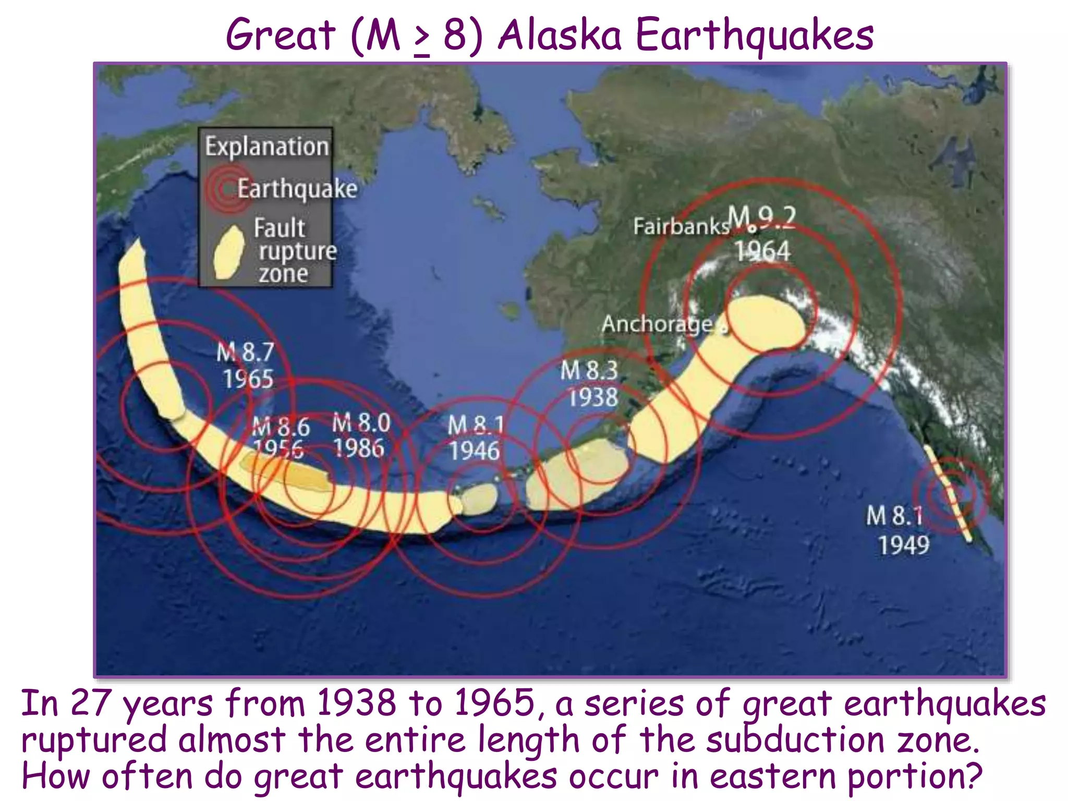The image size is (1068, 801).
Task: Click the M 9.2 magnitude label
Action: (x=762, y=218)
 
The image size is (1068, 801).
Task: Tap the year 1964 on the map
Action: (x=763, y=251)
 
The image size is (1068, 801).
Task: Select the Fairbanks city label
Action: (x=681, y=226)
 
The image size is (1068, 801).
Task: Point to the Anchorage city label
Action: (x=657, y=324)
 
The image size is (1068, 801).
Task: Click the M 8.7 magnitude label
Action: (x=245, y=352)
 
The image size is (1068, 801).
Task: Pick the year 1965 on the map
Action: (x=248, y=379)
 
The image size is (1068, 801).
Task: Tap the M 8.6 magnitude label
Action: (x=281, y=427)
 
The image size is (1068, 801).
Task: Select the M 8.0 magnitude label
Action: (x=361, y=422)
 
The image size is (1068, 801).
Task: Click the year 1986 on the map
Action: (x=359, y=448)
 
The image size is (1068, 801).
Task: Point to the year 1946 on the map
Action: (x=474, y=451)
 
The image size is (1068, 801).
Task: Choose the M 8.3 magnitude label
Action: (x=589, y=371)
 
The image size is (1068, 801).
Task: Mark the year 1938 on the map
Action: (x=593, y=398)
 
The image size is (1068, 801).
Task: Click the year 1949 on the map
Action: (x=904, y=545)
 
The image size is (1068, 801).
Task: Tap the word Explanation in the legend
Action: (x=266, y=147)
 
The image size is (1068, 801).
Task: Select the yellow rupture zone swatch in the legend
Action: (x=229, y=253)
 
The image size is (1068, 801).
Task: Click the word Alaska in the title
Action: (x=560, y=35)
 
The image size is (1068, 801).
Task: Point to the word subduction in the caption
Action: (x=795, y=739)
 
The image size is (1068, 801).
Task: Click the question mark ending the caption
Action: (x=971, y=775)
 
